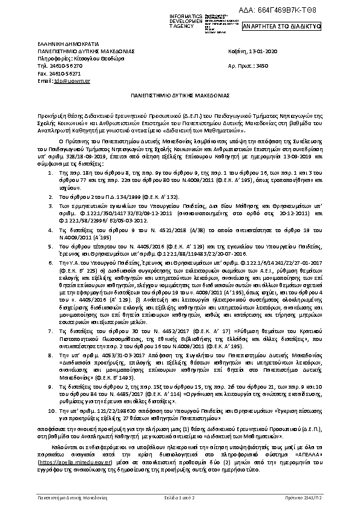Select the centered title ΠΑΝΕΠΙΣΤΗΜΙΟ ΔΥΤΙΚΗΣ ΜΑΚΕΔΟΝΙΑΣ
pyautogui.click(x=180, y=96)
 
